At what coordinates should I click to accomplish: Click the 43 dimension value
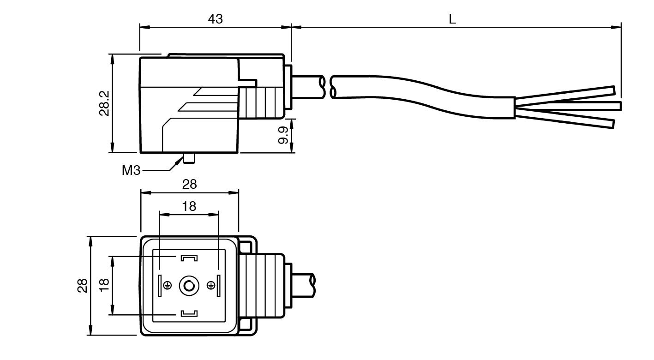coord(215,18)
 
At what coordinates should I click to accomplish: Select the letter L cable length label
coord(452,19)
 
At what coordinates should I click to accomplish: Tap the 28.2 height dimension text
coord(104,103)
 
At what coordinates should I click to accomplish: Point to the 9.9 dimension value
coord(283,135)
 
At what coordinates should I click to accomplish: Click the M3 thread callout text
coord(131,170)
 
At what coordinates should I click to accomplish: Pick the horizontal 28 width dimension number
coord(189,184)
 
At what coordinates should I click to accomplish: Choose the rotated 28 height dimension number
coord(82,285)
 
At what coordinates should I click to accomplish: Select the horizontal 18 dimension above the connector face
coord(189,206)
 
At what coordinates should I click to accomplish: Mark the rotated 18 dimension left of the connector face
coord(104,285)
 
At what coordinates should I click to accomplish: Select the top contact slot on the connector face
coord(189,257)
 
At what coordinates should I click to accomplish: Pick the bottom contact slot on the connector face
coord(189,314)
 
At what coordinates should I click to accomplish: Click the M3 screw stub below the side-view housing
coord(189,158)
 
